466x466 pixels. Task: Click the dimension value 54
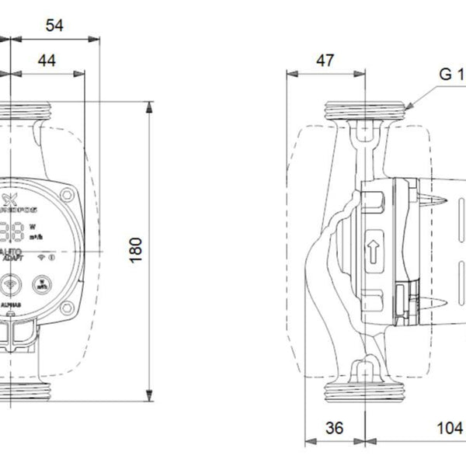pos(54,25)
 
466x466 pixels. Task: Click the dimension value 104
pos(448,428)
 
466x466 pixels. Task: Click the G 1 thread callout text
pos(450,75)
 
